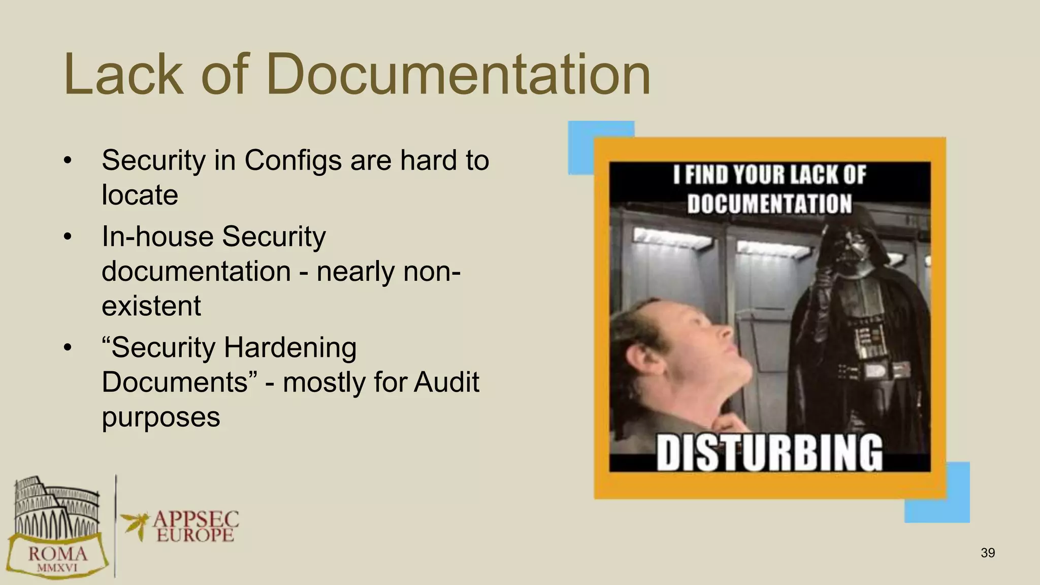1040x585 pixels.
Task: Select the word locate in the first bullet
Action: [140, 195]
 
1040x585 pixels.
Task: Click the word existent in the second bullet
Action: [151, 306]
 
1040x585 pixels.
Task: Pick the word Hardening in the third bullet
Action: [290, 348]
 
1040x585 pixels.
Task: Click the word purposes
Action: [160, 417]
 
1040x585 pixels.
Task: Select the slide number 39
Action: [988, 553]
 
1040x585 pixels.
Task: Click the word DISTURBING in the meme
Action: [769, 452]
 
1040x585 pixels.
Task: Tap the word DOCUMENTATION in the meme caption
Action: [769, 204]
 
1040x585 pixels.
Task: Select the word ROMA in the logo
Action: [57, 554]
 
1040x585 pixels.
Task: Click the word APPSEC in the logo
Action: [196, 519]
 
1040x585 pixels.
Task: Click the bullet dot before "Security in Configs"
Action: [68, 161]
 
